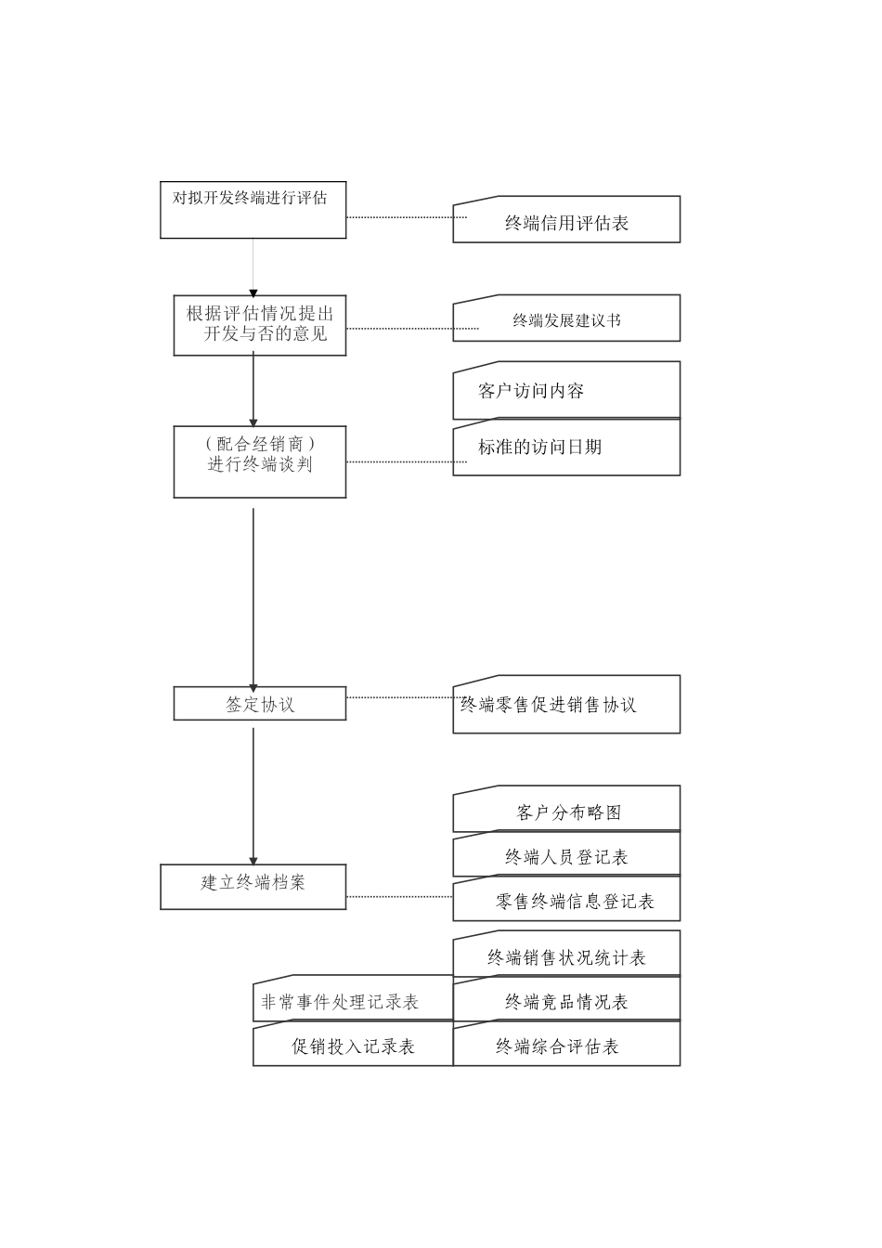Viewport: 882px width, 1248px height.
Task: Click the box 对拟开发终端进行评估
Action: tap(253, 210)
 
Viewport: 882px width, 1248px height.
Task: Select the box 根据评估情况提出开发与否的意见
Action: tap(259, 325)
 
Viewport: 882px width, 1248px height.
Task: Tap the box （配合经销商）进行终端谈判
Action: tap(259, 461)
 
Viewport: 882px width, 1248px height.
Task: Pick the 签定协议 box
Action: tap(259, 704)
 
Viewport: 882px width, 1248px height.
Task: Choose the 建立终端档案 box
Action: tap(253, 887)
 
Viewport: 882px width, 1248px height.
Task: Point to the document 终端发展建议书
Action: tap(566, 318)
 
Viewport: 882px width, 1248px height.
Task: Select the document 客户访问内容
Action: tap(566, 390)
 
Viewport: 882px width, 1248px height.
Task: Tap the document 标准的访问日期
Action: tap(566, 448)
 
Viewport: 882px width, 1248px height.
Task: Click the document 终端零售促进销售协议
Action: tap(566, 704)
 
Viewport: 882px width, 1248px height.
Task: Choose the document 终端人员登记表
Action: tap(566, 855)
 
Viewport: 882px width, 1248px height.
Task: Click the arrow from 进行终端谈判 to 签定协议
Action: tap(253, 594)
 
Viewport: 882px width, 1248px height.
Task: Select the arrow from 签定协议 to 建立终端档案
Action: tap(253, 794)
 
